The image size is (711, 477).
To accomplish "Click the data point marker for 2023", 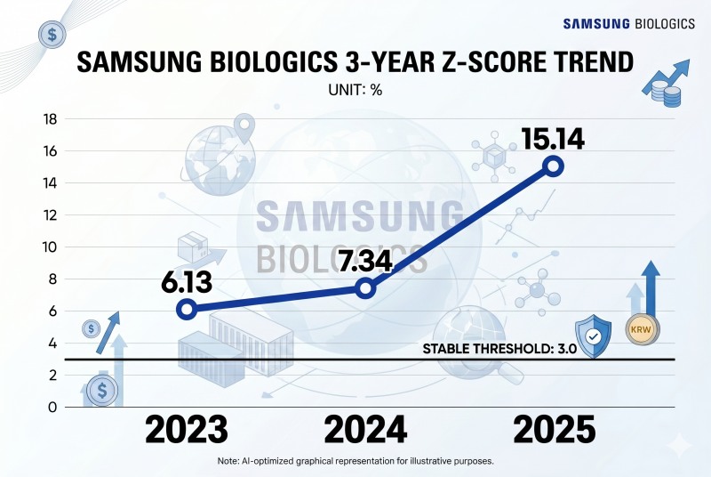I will point(187,310).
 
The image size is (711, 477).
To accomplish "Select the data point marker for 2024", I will point(364,287).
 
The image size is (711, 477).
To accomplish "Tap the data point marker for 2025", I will point(554,166).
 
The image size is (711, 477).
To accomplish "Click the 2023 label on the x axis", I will point(187,430).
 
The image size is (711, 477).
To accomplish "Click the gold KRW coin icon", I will point(640,327).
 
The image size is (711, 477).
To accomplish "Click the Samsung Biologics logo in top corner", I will point(629,24).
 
